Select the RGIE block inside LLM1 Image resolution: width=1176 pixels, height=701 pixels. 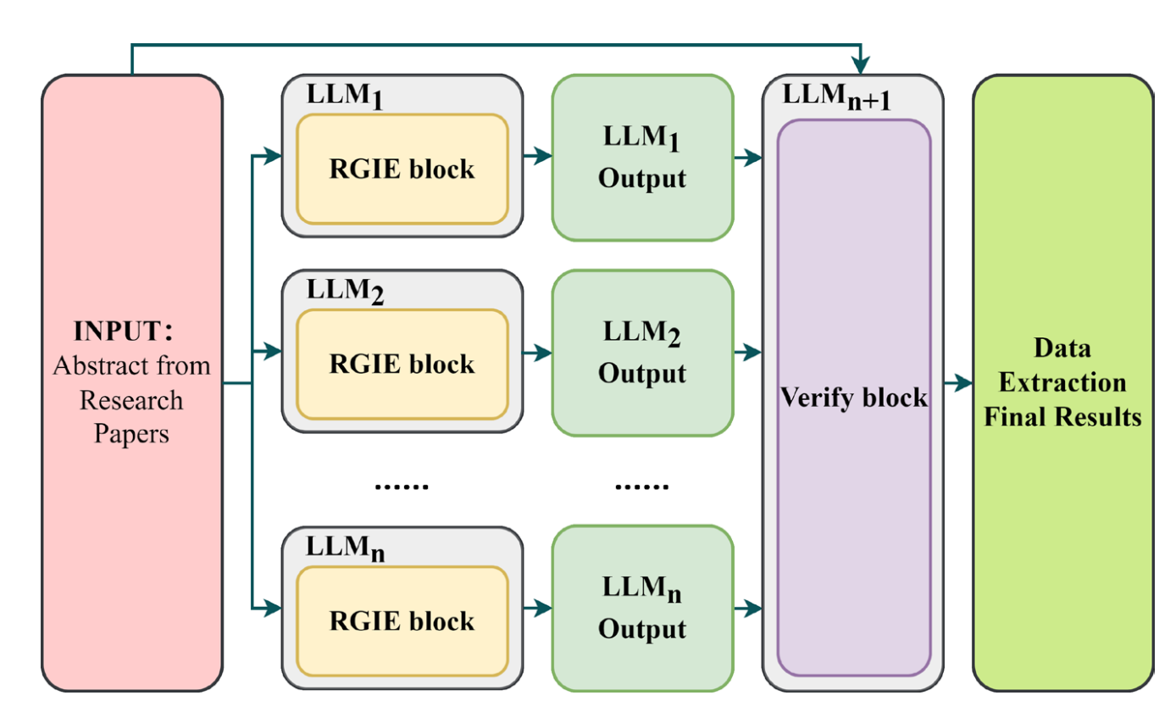click(x=402, y=169)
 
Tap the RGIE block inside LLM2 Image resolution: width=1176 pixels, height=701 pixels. click(x=402, y=364)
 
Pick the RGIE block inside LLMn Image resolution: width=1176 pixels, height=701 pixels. click(x=402, y=620)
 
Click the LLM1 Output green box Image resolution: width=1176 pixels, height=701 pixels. click(x=641, y=158)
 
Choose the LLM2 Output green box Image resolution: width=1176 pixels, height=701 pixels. click(x=641, y=353)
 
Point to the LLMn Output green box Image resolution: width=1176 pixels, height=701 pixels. click(x=641, y=608)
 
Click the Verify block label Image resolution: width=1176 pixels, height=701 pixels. click(x=853, y=398)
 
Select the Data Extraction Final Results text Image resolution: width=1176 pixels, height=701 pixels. click(x=1062, y=382)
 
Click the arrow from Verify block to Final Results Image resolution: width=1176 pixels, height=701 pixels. click(x=957, y=383)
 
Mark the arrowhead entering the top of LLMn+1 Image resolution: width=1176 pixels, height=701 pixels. click(x=861, y=65)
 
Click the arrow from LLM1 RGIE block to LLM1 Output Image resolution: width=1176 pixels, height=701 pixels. click(x=537, y=155)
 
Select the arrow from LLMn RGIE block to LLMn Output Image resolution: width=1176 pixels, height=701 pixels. click(x=537, y=607)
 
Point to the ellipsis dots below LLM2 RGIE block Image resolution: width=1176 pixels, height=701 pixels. click(x=402, y=487)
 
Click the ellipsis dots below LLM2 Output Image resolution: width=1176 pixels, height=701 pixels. click(x=641, y=487)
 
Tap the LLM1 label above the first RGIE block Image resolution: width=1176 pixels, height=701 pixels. click(x=345, y=97)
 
